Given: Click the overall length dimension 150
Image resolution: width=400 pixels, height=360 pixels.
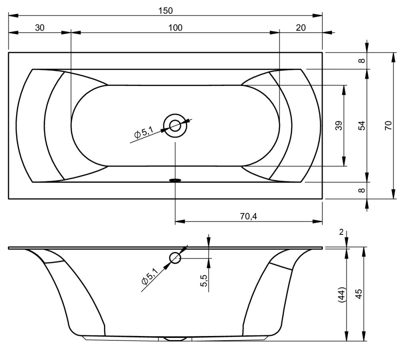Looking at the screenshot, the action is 165,11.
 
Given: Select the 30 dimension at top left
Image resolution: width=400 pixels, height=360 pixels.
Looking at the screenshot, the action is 40,28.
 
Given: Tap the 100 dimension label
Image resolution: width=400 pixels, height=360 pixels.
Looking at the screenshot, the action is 175,28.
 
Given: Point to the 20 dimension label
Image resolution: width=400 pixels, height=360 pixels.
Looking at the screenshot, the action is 301,28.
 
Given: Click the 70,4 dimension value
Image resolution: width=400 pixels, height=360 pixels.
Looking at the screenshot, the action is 248,216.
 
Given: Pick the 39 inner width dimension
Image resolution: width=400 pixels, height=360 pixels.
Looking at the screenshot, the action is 339,126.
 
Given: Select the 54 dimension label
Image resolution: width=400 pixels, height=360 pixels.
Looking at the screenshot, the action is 362,126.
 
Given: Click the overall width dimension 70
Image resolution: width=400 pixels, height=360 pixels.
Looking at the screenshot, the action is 388,126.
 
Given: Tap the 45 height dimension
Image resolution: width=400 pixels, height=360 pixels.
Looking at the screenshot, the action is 359,294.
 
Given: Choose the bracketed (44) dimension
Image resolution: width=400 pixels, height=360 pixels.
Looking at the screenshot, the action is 342,295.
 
